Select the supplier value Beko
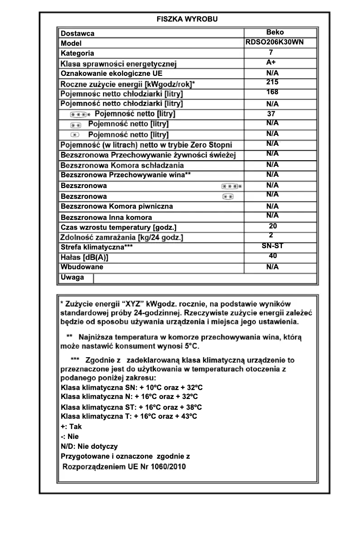(x=275, y=32)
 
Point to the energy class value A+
(x=271, y=62)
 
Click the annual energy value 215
(x=272, y=82)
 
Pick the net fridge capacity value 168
(x=272, y=92)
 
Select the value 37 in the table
(x=271, y=114)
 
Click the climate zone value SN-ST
(x=272, y=246)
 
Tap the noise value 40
(x=272, y=256)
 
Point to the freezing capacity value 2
(x=271, y=235)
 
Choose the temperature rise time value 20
(x=272, y=226)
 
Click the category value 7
(x=271, y=53)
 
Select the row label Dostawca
(x=78, y=34)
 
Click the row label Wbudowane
(x=82, y=267)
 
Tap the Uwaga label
(x=72, y=277)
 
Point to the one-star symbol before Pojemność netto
(x=75, y=135)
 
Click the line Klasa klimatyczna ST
(x=131, y=407)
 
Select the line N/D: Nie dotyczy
(x=89, y=446)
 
